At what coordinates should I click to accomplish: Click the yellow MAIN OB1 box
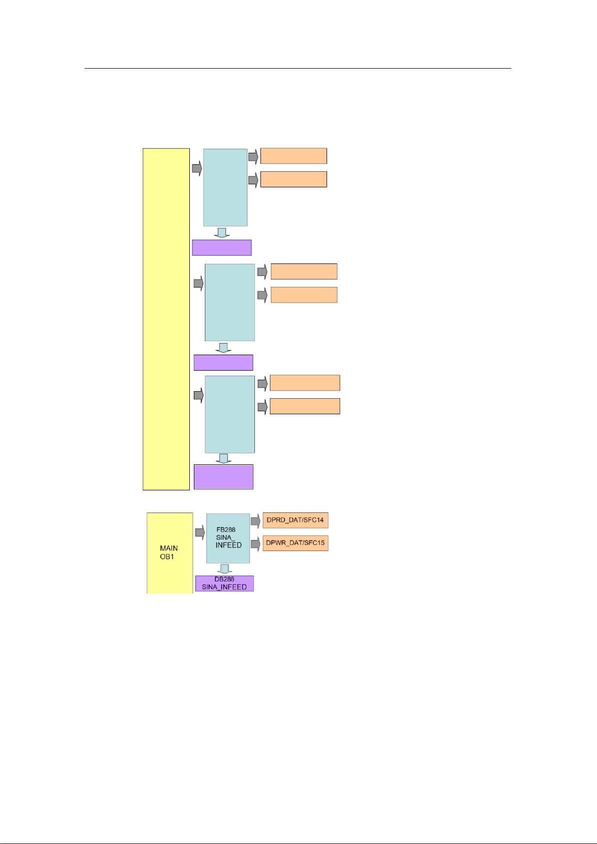click(x=170, y=553)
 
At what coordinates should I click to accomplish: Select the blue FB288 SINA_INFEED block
click(x=228, y=538)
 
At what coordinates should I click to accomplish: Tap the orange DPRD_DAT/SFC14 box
click(x=295, y=520)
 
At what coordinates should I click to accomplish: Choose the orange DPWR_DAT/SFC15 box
click(x=295, y=543)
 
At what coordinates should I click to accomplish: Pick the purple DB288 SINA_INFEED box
click(x=224, y=583)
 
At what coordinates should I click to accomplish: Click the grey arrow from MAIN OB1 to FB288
click(x=200, y=532)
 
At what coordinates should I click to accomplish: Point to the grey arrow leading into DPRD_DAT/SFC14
click(x=255, y=521)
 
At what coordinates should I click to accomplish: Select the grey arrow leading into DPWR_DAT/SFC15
click(x=255, y=544)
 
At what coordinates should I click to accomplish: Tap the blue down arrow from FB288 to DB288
click(x=224, y=569)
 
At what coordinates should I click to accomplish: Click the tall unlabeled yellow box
click(x=166, y=319)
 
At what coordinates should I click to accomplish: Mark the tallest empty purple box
click(x=223, y=477)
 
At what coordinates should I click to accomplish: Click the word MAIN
click(x=169, y=548)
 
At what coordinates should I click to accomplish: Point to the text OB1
click(x=167, y=556)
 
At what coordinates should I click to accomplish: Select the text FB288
click(x=225, y=529)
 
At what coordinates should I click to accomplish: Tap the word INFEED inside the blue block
click(x=228, y=545)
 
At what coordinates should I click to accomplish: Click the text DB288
click(x=224, y=579)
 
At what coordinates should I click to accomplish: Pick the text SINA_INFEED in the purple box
click(x=224, y=587)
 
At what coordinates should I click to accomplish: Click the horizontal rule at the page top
click(x=298, y=69)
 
